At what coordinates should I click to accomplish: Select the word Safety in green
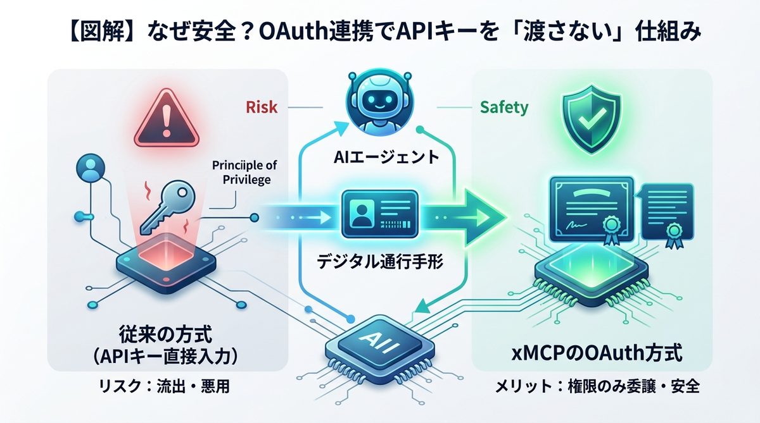tap(504, 107)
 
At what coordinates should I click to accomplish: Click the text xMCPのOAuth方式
tap(597, 353)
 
